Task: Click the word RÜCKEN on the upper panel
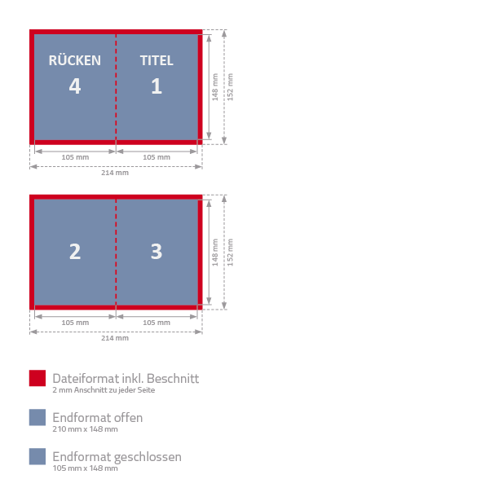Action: coord(75,60)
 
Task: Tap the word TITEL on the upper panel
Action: coord(157,61)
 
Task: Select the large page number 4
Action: coord(75,86)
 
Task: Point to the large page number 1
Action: coord(157,86)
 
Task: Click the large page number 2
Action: coord(75,252)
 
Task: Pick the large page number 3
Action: coord(157,252)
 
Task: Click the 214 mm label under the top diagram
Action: coord(115,173)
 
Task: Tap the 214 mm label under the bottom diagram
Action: coord(115,338)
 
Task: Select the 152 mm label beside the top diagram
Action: coord(230,87)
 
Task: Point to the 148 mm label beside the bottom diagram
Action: coord(215,252)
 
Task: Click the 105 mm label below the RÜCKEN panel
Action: coord(75,157)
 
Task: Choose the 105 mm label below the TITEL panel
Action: coord(157,157)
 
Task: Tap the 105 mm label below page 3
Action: coord(157,323)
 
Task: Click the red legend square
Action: coord(37,378)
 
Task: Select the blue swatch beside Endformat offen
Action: coord(37,417)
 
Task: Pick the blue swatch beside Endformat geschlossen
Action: coord(37,456)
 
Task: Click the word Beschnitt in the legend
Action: coord(173,379)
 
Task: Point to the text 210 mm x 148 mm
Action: coord(85,429)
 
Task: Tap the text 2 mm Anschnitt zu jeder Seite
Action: coord(104,390)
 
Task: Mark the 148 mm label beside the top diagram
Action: coord(215,87)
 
